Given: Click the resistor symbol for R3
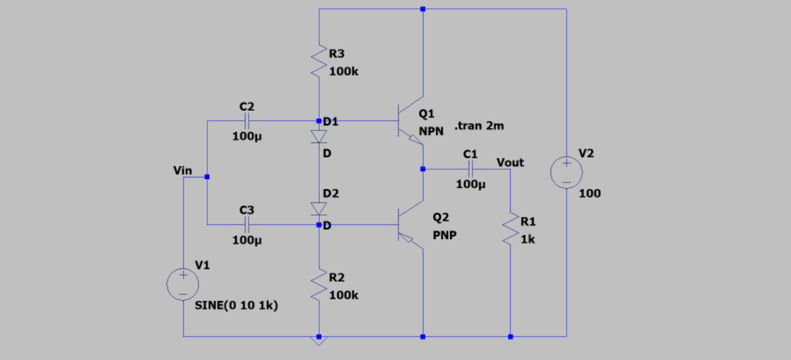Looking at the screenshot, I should pos(319,62).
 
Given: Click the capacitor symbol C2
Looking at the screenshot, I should pos(247,121).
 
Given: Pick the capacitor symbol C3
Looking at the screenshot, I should pos(247,225).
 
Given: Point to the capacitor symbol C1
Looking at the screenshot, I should pos(471,169).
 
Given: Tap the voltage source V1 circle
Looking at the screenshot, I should pos(182,284).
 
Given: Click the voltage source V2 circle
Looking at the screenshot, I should pos(566,172).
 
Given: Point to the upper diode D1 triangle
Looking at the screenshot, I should pos(319,137).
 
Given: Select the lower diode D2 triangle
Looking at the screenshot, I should pos(319,209).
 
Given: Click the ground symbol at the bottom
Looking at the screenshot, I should pos(319,341).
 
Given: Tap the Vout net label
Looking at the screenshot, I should pos(510,163).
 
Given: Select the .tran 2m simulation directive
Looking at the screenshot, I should pos(479,126).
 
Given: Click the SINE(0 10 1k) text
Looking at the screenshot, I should pos(237,306).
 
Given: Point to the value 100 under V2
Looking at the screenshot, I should pos(589,193).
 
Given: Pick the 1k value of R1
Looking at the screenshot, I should pos(527,240).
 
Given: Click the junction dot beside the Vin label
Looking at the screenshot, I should pos(207,177).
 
